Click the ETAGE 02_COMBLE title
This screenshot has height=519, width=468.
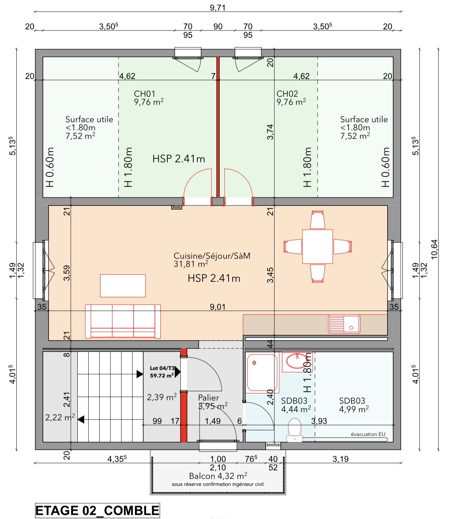click(x=97, y=510)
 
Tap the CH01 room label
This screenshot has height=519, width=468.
click(x=145, y=94)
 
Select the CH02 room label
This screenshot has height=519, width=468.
click(x=287, y=94)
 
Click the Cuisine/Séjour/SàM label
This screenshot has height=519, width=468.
click(x=212, y=256)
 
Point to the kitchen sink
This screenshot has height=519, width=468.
click(x=344, y=324)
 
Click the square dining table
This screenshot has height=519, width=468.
click(x=317, y=246)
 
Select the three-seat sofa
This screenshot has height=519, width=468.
click(x=123, y=321)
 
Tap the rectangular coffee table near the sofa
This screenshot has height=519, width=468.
click(x=123, y=286)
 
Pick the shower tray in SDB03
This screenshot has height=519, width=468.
click(x=262, y=373)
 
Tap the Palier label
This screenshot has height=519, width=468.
click(x=208, y=398)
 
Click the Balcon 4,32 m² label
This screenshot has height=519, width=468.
click(x=218, y=476)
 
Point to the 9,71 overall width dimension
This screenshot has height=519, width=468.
click(x=218, y=8)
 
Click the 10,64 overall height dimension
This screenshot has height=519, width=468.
click(x=434, y=250)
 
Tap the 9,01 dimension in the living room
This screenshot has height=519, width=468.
click(x=218, y=307)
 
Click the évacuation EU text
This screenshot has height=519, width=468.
click(x=368, y=434)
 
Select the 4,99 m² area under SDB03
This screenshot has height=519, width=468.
click(x=354, y=409)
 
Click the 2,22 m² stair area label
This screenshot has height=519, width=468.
click(x=60, y=418)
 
